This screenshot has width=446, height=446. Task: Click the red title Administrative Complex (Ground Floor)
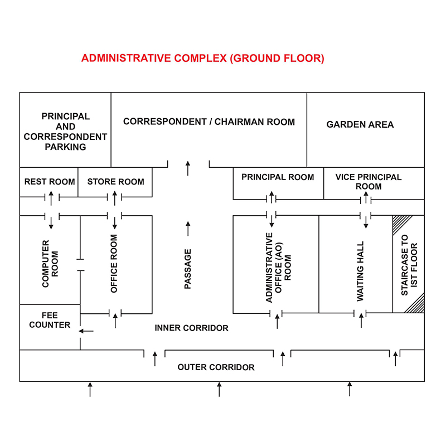click(x=202, y=59)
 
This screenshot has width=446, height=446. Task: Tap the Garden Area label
click(x=360, y=124)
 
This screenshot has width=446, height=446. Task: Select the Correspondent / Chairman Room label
click(x=209, y=122)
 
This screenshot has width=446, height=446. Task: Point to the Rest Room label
click(x=50, y=182)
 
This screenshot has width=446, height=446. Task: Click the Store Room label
click(x=116, y=182)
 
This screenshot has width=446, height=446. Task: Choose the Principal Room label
click(x=278, y=177)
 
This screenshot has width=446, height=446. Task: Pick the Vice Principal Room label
click(x=369, y=182)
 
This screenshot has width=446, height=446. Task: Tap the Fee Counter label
click(x=50, y=320)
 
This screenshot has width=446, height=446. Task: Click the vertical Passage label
click(x=188, y=269)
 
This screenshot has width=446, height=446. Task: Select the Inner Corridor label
click(x=191, y=328)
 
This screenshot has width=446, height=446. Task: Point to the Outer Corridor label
click(x=216, y=367)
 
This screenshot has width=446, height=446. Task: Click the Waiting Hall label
click(x=360, y=272)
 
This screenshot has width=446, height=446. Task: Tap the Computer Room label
click(x=50, y=264)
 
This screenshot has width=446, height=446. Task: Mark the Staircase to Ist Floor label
click(x=409, y=265)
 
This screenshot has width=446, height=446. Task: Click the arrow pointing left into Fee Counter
click(x=86, y=331)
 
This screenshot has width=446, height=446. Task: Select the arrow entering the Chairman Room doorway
click(x=188, y=168)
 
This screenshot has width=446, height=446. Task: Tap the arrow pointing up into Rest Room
click(x=51, y=198)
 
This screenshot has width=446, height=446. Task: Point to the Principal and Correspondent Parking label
click(x=65, y=132)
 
